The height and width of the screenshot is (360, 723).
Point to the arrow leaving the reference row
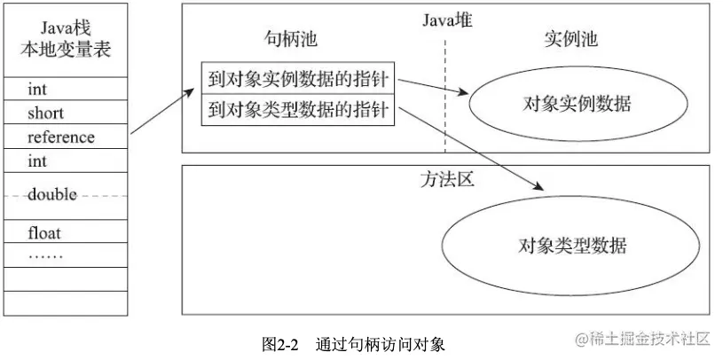point(162,112)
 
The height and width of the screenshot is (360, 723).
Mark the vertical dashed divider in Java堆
point(445,98)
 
